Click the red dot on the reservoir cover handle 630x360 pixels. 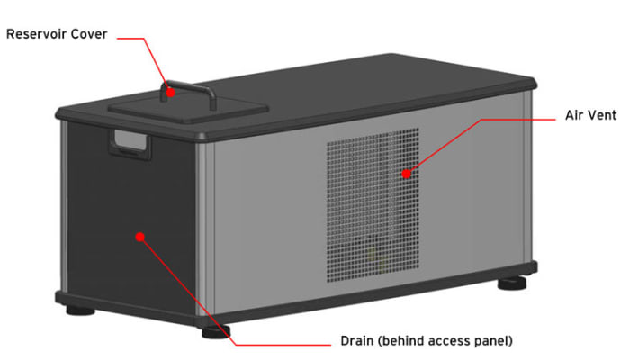pyautogui.click(x=167, y=90)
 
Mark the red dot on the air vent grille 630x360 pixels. pyautogui.click(x=406, y=173)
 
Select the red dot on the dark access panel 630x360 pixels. pyautogui.click(x=140, y=237)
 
